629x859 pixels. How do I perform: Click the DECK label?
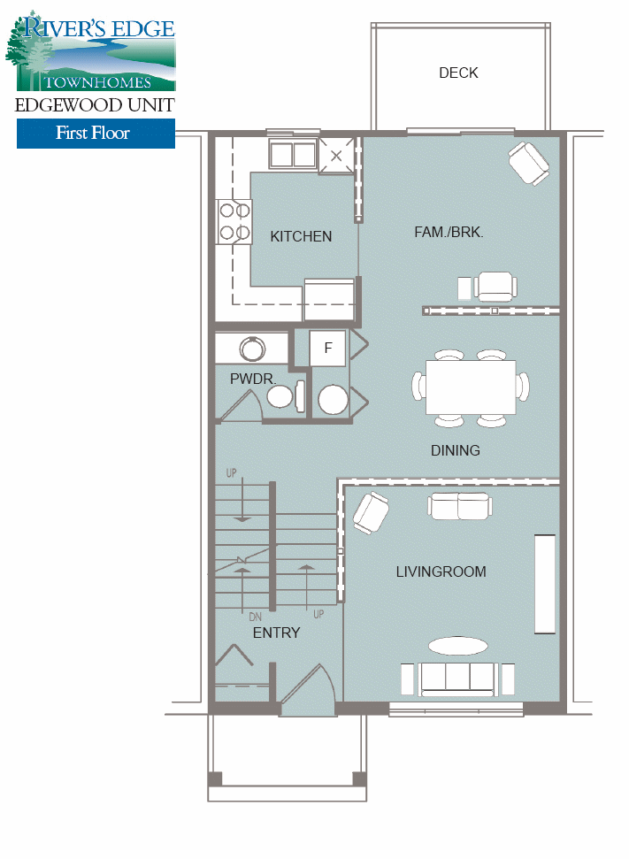click(458, 73)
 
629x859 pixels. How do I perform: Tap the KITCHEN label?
click(301, 236)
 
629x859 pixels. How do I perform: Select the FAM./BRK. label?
click(448, 232)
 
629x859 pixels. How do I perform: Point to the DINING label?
click(455, 450)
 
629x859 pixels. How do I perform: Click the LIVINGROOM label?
click(441, 571)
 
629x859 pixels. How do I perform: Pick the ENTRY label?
click(276, 633)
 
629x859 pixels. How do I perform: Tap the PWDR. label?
click(253, 379)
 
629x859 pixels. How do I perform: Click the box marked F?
click(327, 349)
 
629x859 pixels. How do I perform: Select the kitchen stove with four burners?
click(234, 221)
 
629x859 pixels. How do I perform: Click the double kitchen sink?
click(293, 155)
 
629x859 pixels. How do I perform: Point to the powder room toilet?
click(285, 395)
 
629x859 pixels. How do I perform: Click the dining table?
click(471, 387)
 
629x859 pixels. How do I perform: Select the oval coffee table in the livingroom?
click(457, 644)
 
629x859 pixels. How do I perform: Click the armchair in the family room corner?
click(529, 165)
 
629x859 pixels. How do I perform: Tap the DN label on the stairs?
click(254, 617)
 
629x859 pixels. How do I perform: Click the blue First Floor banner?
click(96, 134)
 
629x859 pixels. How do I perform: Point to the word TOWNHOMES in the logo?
click(98, 81)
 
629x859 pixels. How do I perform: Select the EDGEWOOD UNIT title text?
click(95, 105)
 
